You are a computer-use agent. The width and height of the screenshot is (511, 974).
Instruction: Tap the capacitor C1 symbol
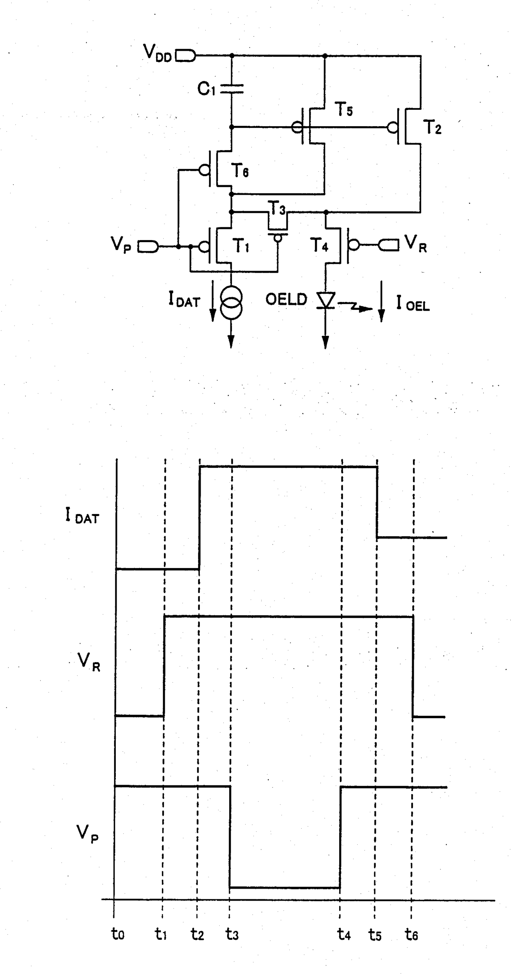[x=232, y=88]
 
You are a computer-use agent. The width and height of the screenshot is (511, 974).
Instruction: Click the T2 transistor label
[x=432, y=128]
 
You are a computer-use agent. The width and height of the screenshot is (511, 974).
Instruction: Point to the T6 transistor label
[x=240, y=170]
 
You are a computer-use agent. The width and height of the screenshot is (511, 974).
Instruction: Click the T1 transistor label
[x=241, y=246]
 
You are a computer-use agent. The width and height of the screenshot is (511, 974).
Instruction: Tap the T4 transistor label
[x=319, y=246]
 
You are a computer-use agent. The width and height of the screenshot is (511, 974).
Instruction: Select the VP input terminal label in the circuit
[x=121, y=245]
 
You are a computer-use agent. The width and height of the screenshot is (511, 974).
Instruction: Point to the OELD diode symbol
[x=326, y=300]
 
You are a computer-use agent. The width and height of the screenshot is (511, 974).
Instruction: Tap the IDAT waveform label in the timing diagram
[x=82, y=516]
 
